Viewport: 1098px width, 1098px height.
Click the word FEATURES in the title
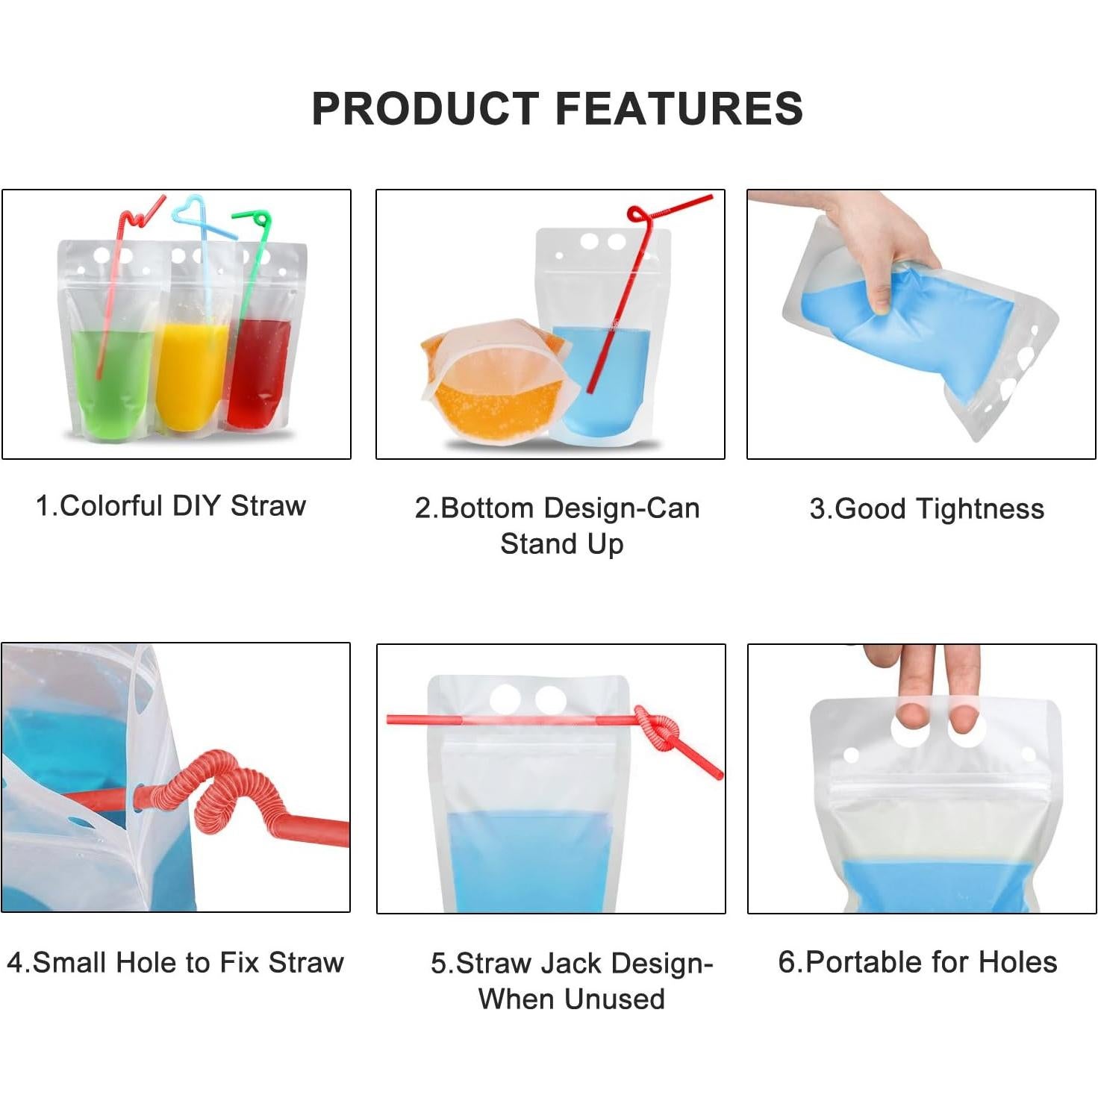pos(679,109)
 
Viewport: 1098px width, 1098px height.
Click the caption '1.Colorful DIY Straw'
pos(171,506)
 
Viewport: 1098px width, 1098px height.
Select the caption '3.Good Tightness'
pos(926,509)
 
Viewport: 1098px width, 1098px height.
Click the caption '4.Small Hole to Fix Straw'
pos(175,962)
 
